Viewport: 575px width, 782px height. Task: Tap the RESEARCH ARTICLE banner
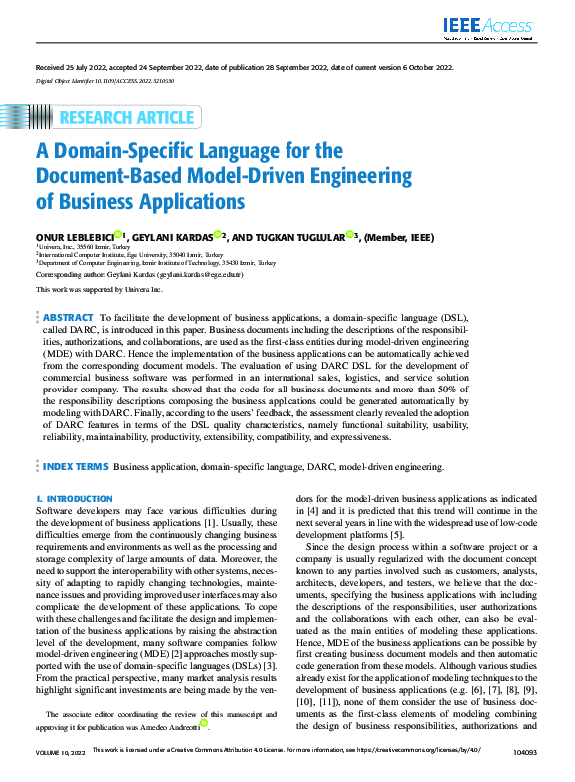[126, 118]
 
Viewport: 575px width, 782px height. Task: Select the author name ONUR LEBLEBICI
[74, 236]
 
